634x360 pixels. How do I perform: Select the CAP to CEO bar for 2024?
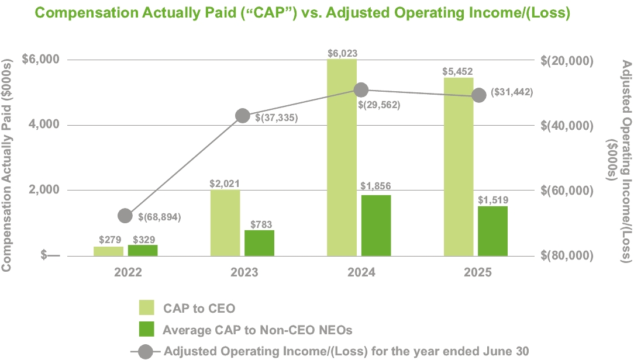(342, 157)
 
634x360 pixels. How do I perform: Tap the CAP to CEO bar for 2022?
(108, 251)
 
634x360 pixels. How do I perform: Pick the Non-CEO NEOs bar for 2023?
(259, 243)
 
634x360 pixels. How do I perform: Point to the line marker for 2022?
(125, 216)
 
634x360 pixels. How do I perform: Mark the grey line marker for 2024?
(361, 89)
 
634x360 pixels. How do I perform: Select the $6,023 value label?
(342, 53)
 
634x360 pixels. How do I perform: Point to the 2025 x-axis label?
(477, 272)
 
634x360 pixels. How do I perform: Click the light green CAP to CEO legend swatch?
(146, 308)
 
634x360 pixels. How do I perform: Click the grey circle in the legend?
(146, 351)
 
